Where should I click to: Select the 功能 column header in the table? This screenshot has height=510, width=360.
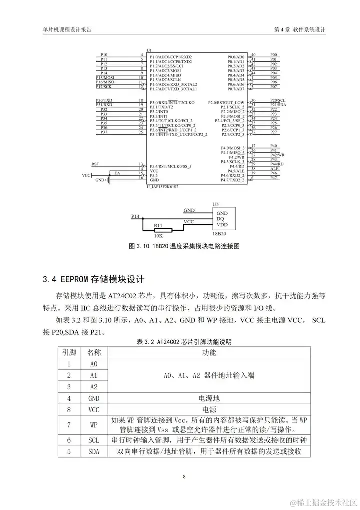[209, 353]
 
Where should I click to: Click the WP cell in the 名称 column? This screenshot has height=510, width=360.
[94, 425]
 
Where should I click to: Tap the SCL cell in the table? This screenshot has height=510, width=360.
[94, 440]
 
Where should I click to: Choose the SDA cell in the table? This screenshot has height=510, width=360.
[94, 452]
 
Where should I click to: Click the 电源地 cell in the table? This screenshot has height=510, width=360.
[209, 398]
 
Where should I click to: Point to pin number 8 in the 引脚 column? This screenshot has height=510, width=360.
[69, 410]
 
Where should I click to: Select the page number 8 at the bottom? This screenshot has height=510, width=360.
[184, 476]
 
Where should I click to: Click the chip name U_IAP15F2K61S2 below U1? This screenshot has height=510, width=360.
[162, 186]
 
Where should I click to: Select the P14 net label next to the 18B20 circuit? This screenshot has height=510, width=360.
[135, 216]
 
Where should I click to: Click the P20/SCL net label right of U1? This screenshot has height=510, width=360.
[278, 100]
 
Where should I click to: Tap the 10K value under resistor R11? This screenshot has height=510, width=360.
[158, 235]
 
